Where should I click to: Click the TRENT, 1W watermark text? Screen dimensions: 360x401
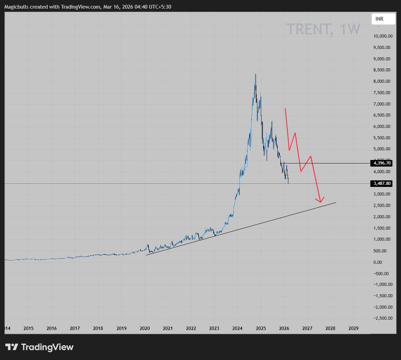point(323,29)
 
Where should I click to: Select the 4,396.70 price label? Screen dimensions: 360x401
point(382,163)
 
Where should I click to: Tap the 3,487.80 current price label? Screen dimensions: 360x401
point(382,183)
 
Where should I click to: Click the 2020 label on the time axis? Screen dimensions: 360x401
point(145,328)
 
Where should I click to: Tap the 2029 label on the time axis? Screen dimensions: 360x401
point(353,328)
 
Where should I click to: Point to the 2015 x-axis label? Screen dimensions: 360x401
point(29,328)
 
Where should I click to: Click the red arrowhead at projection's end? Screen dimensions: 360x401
point(321,201)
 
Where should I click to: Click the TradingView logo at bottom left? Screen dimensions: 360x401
point(39,347)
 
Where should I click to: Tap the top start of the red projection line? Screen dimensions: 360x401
point(285,109)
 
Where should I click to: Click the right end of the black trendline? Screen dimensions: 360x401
point(336,202)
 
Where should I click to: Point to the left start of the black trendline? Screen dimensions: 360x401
point(146,255)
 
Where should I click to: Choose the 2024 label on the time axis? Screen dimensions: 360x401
point(238,328)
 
